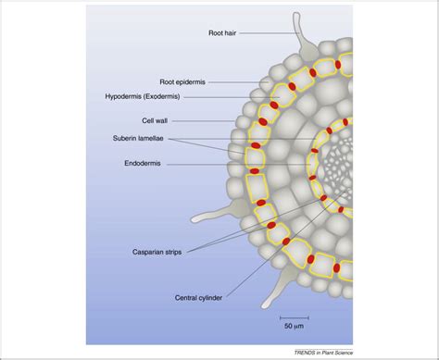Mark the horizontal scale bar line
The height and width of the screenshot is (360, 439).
294,317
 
